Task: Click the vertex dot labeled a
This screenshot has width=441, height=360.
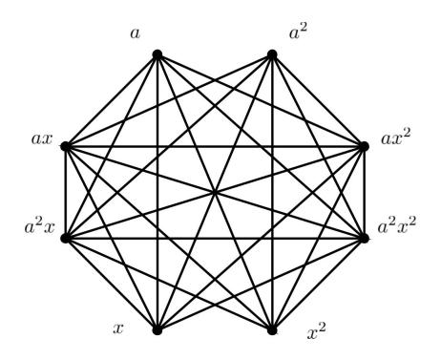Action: [157, 54]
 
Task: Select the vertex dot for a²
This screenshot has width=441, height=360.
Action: [272, 54]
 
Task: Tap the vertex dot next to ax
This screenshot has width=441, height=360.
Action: [66, 146]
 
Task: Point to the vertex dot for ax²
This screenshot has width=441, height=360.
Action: [364, 146]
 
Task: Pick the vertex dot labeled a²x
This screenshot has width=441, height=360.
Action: [66, 238]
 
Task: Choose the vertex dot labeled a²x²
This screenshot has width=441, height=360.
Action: [364, 238]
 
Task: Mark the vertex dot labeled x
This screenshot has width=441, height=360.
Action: [157, 329]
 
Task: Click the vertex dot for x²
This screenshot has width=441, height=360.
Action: [272, 329]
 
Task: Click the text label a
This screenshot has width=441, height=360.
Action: [135, 33]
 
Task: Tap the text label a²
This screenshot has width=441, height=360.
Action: [299, 32]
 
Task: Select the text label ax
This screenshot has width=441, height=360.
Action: [42, 139]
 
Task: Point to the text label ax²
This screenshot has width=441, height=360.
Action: [396, 138]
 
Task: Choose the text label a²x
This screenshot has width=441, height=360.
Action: [40, 226]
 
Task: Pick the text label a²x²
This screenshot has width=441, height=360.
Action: [397, 225]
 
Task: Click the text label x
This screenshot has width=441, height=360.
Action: [118, 328]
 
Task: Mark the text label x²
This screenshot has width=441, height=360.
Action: [317, 331]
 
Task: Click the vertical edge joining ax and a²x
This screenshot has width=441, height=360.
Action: [66, 192]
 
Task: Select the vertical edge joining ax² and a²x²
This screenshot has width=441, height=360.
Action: [364, 192]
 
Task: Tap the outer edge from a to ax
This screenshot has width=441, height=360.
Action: [112, 100]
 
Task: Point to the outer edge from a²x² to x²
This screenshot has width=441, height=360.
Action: [318, 284]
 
